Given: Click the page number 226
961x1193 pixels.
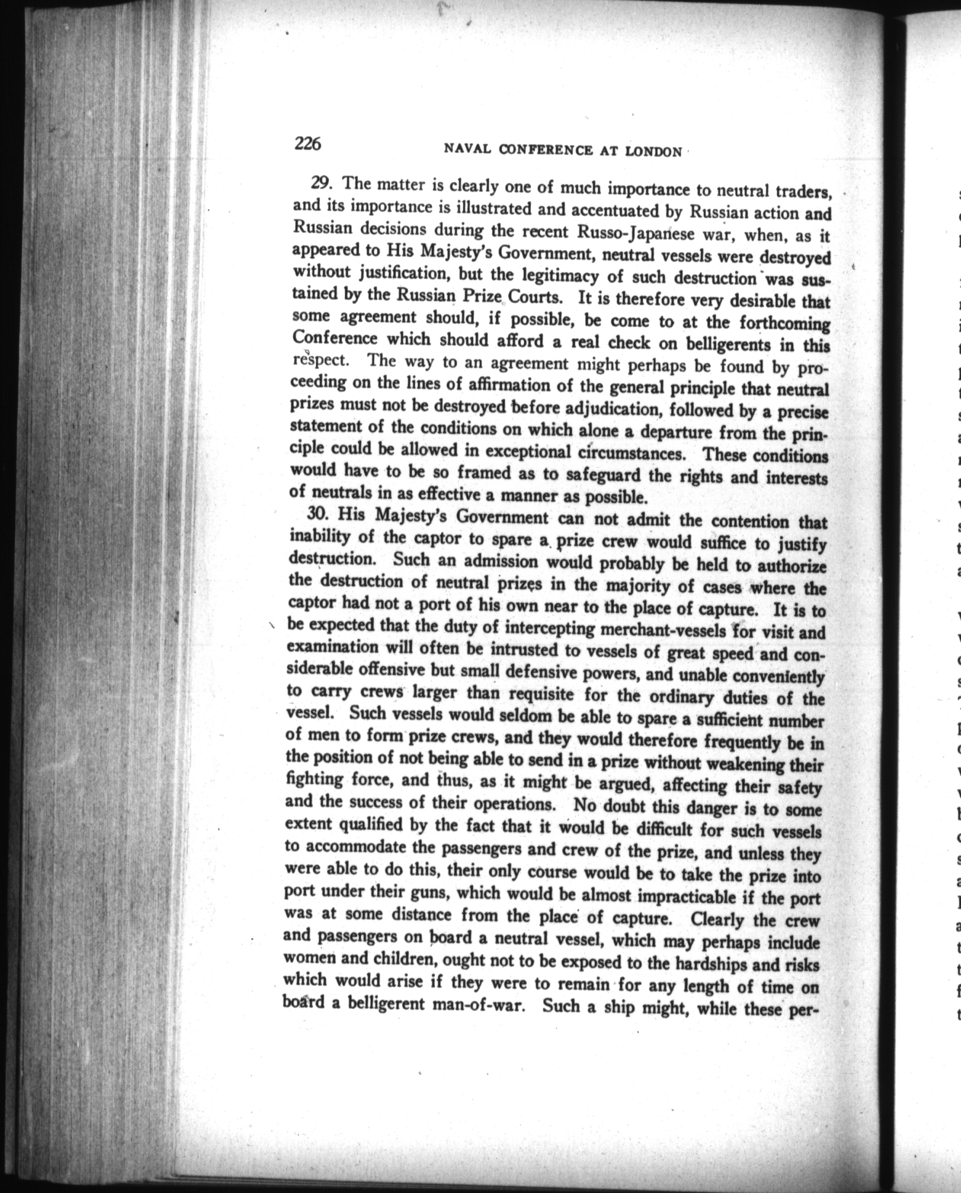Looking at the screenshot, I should click(x=308, y=144).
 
